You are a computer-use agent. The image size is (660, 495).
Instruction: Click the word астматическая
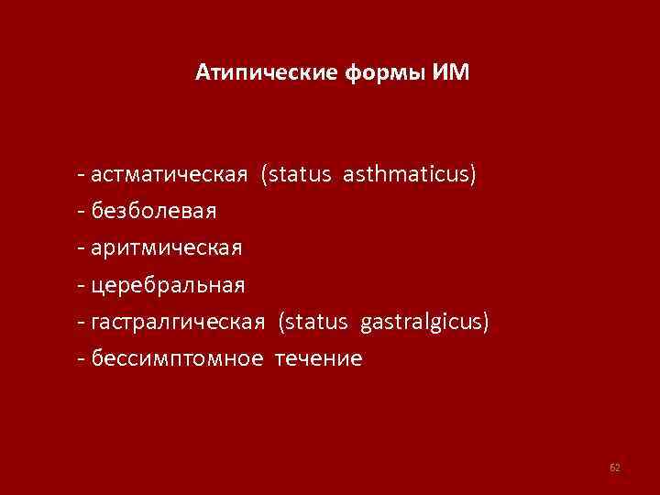[x=169, y=174]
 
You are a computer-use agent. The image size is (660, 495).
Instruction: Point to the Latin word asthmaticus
[x=410, y=174]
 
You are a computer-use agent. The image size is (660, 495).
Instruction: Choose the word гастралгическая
[x=179, y=322]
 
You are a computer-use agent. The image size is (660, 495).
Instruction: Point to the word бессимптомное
[x=175, y=358]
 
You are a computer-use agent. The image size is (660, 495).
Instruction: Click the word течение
[x=317, y=358]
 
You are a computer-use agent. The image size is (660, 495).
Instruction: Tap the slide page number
[x=615, y=468]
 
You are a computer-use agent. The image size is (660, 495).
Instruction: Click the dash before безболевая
[x=83, y=212]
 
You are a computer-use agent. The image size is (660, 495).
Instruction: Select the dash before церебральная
[x=83, y=286]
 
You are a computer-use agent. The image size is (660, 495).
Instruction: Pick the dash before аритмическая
[x=83, y=248]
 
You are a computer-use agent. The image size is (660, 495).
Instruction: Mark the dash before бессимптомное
[x=83, y=359]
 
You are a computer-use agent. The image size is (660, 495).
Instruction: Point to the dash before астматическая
[x=83, y=175]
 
